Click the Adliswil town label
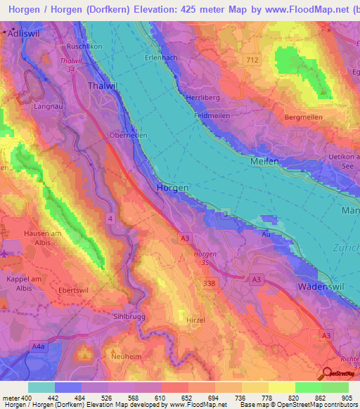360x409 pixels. [20, 33]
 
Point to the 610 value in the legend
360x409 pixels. [160, 398]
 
